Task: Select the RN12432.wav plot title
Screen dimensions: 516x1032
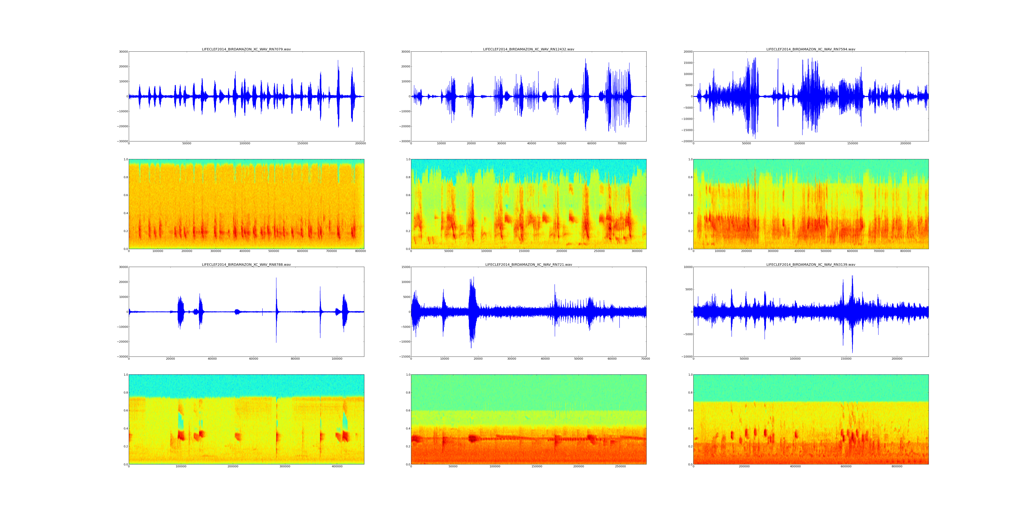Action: tap(528, 49)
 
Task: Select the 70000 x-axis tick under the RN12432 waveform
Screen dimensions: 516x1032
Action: tap(622, 143)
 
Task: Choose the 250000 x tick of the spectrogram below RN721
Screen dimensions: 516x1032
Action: tap(620, 466)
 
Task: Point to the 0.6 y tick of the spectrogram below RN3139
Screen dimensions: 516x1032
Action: tap(689, 411)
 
